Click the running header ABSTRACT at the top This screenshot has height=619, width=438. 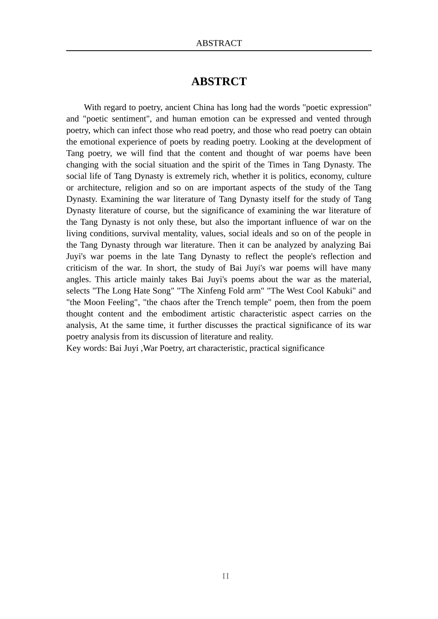click(x=219, y=43)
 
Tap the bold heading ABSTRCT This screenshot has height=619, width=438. click(x=219, y=82)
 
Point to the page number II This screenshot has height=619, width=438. click(x=225, y=576)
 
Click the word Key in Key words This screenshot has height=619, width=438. click(x=74, y=348)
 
